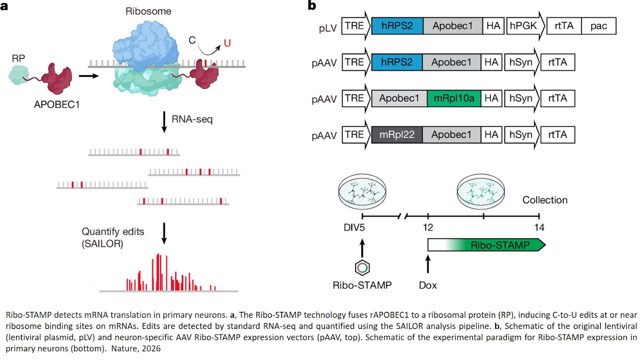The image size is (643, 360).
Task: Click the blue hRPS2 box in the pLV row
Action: (x=397, y=26)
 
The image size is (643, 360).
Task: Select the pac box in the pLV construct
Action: (x=598, y=26)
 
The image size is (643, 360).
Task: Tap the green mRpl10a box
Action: (x=454, y=98)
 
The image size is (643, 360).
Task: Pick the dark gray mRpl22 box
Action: (x=397, y=135)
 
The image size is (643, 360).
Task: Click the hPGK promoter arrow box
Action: (x=524, y=26)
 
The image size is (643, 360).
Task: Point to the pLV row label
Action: (x=328, y=28)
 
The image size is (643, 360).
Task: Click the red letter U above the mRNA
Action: (x=227, y=43)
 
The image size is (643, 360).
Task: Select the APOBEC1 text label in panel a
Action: (x=57, y=104)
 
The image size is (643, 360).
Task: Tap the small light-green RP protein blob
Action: (x=18, y=75)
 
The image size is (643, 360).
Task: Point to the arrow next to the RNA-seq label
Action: (x=164, y=122)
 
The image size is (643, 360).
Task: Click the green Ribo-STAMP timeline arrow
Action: (x=500, y=245)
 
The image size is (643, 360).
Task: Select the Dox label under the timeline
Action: (x=428, y=285)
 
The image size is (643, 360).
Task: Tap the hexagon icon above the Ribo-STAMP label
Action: (x=362, y=268)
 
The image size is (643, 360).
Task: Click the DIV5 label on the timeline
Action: (x=354, y=227)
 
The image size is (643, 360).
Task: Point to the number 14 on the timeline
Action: (x=539, y=227)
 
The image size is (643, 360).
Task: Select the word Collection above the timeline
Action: (x=545, y=200)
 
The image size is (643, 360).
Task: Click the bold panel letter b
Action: (x=312, y=6)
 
